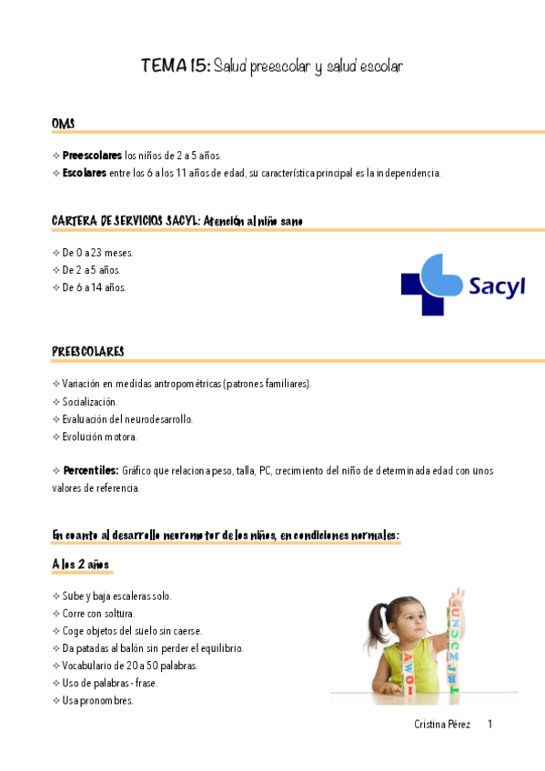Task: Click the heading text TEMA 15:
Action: point(176,66)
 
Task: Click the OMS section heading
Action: point(64,124)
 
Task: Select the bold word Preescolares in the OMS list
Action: point(92,155)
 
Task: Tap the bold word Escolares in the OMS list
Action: point(84,173)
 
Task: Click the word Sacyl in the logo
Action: point(497,286)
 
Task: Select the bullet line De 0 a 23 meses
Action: point(95,253)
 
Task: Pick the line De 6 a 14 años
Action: point(94,287)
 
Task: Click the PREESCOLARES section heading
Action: point(88,352)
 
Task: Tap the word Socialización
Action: point(90,401)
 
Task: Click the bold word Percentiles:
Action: point(91,470)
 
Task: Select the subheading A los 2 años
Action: point(81,565)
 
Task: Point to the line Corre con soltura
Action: point(98,614)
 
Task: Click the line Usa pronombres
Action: point(97,700)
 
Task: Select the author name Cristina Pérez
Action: point(442,725)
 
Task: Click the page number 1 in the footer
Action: point(489,725)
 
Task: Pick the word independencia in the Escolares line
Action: point(408,173)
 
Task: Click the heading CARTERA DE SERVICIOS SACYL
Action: point(125,221)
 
